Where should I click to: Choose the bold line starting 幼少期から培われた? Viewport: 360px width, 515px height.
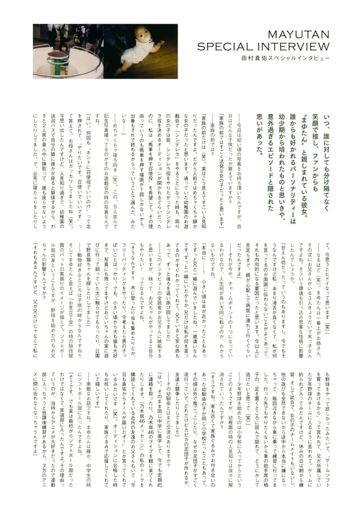click(269, 148)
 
